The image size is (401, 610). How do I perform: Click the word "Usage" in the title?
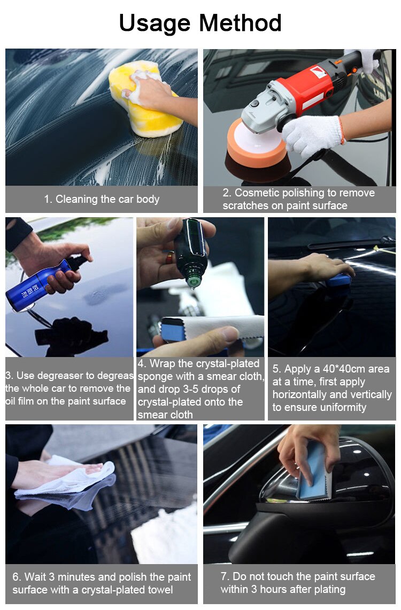(155, 23)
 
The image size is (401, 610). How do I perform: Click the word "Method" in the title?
(240, 23)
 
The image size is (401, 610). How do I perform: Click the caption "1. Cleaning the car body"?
(102, 200)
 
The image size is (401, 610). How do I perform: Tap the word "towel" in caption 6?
(159, 590)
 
